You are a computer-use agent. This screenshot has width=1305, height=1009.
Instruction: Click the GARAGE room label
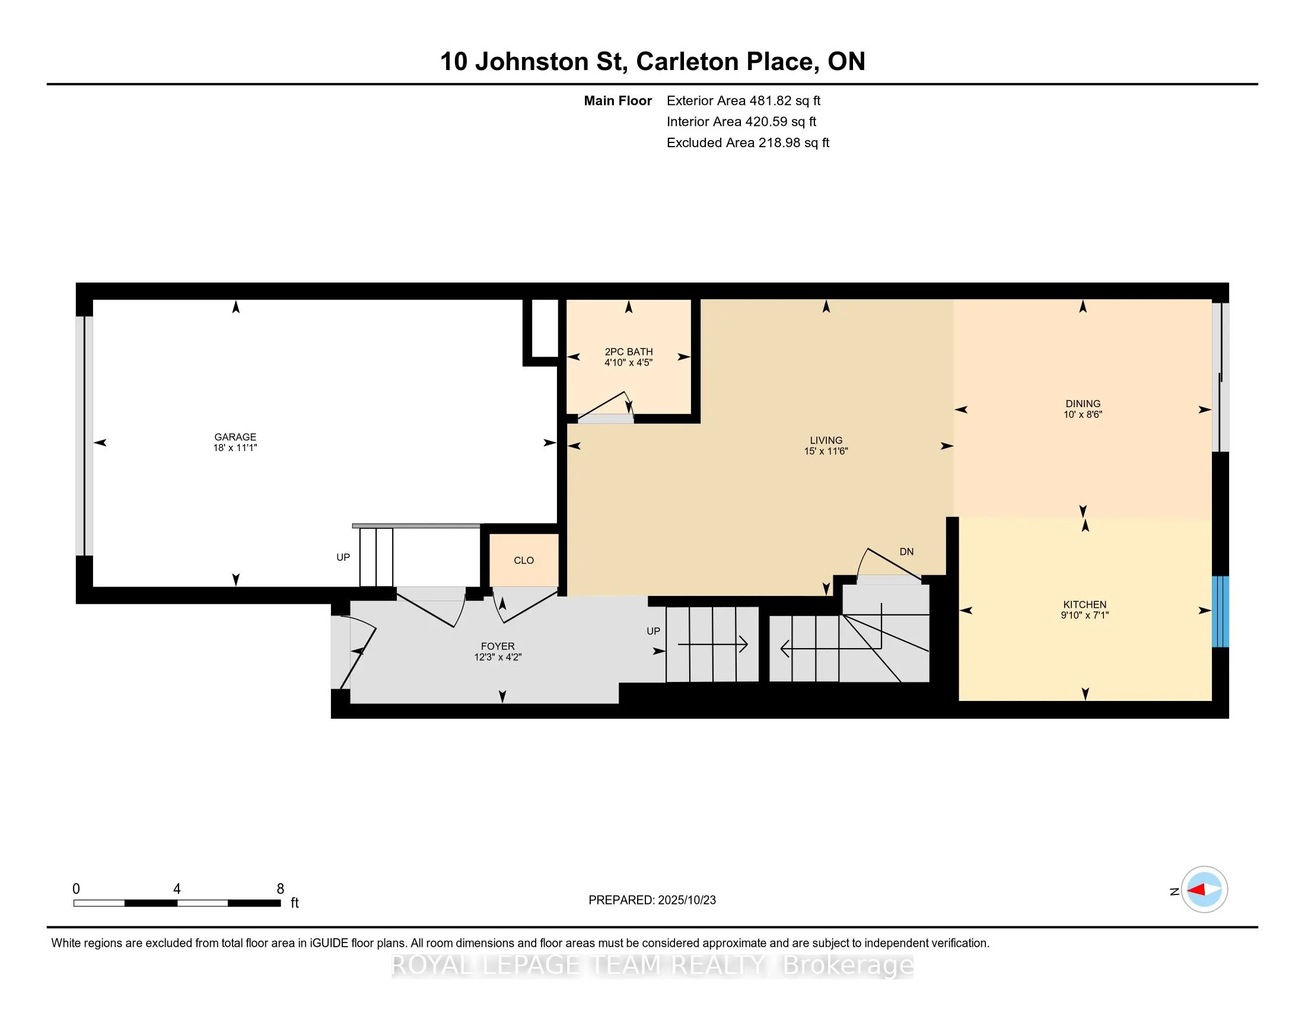(x=235, y=437)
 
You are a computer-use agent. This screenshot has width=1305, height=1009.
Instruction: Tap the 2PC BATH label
(x=628, y=352)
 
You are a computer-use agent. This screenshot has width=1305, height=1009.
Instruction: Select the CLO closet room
(x=523, y=561)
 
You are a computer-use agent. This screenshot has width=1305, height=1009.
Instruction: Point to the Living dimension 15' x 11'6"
(x=826, y=451)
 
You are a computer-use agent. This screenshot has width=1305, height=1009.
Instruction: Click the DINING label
(x=1082, y=404)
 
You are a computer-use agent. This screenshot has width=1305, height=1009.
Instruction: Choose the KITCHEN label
(x=1084, y=604)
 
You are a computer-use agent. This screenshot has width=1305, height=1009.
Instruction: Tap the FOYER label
(x=497, y=646)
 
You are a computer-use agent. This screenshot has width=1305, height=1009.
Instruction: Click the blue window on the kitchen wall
(x=1220, y=611)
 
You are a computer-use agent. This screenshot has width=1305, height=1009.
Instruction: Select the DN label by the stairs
(x=906, y=552)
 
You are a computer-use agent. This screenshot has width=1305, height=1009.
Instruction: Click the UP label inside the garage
(x=343, y=557)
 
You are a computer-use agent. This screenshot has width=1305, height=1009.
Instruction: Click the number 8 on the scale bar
(x=280, y=889)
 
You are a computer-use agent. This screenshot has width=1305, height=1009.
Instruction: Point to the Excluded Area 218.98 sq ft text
(x=747, y=143)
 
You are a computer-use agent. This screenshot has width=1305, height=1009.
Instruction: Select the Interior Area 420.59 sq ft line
(x=741, y=122)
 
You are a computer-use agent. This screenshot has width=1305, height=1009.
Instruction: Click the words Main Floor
(x=618, y=101)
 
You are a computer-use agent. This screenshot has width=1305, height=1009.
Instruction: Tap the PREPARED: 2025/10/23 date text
(x=652, y=900)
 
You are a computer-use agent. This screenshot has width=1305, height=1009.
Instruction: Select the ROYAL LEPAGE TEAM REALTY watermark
(x=652, y=964)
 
